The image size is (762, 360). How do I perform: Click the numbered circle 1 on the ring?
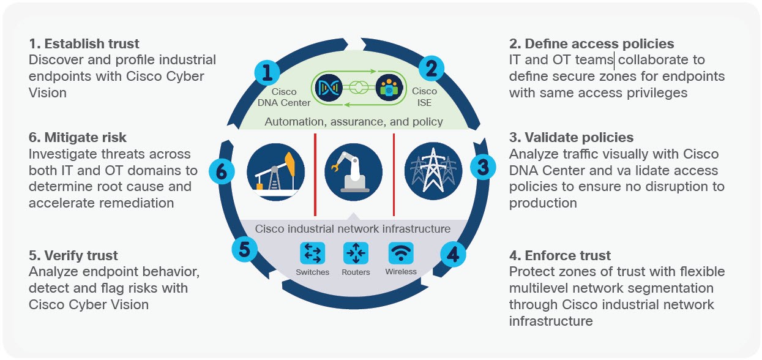pos(267,73)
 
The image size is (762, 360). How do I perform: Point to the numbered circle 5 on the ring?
pos(244,249)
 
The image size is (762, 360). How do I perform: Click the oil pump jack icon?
pos(275,171)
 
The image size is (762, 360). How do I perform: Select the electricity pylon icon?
pos(433,171)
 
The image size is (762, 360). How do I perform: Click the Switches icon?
pos(312,253)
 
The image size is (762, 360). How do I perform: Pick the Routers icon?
pos(355,253)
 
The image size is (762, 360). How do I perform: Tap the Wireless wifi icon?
pos(401,253)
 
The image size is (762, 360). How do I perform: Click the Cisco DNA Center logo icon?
pos(327,88)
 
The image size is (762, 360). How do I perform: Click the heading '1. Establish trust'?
pos(84,44)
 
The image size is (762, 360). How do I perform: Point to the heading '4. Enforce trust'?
pos(560,255)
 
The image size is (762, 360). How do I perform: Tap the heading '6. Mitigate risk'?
pos(78,138)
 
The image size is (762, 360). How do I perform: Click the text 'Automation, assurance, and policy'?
pos(354,121)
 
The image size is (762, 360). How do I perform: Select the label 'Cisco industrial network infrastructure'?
pos(353,229)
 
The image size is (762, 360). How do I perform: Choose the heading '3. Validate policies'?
pos(571,138)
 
